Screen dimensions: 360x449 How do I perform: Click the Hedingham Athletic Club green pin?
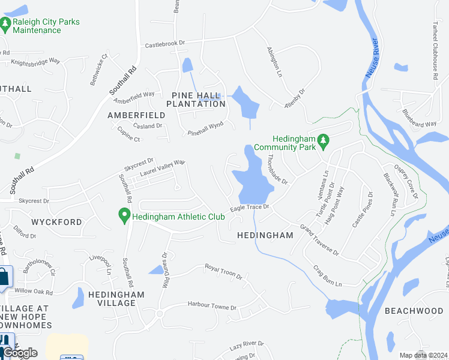124,215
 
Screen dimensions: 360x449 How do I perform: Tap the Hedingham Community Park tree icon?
324,140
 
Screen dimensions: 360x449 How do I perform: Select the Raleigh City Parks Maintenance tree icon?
5,24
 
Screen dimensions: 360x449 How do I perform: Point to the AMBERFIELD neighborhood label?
136,115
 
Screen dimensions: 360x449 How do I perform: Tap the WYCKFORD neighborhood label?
58,222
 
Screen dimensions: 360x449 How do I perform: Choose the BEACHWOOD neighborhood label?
414,311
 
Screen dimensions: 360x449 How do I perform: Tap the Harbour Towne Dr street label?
212,307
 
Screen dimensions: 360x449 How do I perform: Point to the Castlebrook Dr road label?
165,45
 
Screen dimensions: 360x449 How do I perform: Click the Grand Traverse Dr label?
320,240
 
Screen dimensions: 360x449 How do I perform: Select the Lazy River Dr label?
247,346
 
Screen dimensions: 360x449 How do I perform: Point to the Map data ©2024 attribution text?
424,355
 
